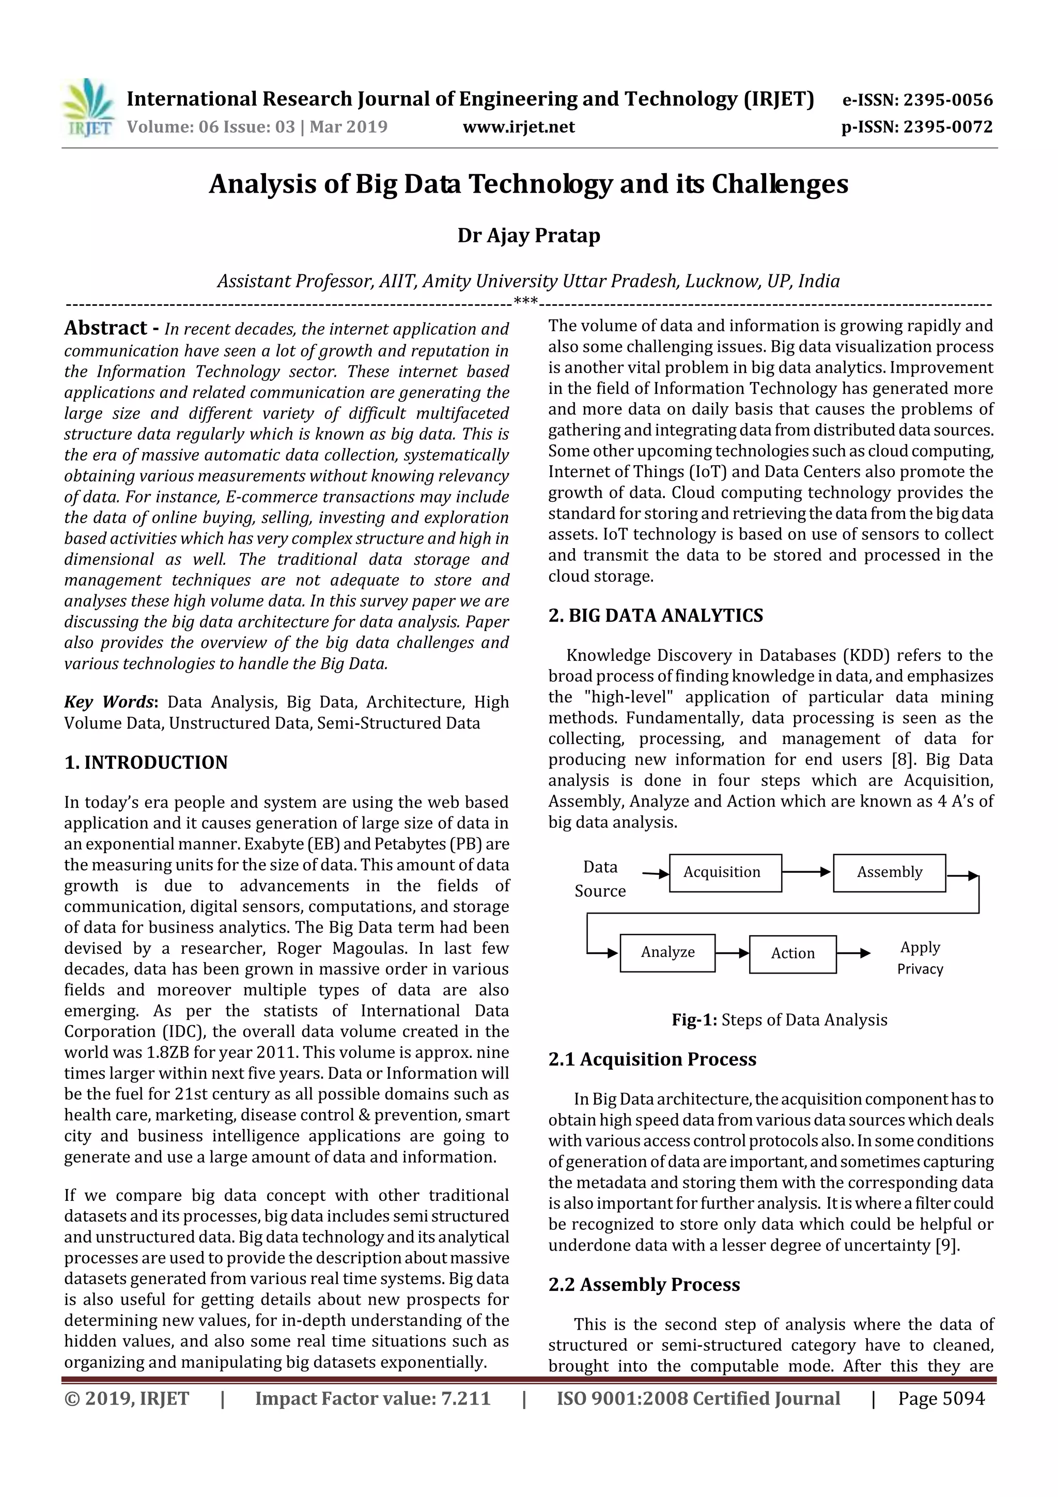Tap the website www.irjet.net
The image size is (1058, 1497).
(x=518, y=127)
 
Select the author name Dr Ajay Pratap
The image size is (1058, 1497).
(x=528, y=235)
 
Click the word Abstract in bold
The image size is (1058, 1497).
(x=105, y=328)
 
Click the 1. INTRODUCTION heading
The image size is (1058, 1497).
(x=146, y=762)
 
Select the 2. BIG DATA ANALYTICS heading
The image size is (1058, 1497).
(x=655, y=615)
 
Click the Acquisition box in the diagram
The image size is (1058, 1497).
(x=725, y=872)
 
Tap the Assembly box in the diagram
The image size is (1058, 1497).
(x=889, y=872)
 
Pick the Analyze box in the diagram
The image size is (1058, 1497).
(x=667, y=952)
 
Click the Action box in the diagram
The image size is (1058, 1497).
(x=792, y=953)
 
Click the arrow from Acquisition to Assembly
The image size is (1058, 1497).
(x=806, y=872)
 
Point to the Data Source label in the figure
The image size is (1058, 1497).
(x=600, y=879)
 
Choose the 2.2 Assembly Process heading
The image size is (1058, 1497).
(x=644, y=1285)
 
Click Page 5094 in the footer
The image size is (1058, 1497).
(x=941, y=1398)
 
